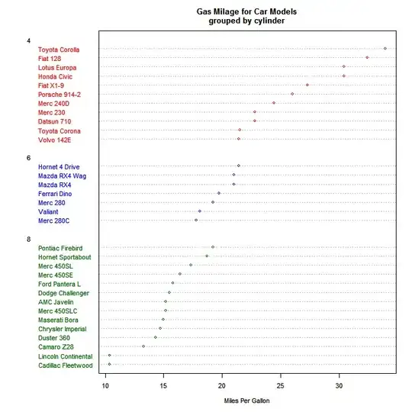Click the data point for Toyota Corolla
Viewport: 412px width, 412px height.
click(x=385, y=48)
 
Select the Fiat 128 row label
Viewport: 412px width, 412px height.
click(x=50, y=58)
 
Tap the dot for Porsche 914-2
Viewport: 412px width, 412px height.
click(x=292, y=94)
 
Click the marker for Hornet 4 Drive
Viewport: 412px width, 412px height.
click(x=239, y=166)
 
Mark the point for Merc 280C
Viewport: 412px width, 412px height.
click(x=196, y=220)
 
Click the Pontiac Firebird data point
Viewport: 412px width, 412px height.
click(x=213, y=247)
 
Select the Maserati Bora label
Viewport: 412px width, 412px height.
click(x=59, y=320)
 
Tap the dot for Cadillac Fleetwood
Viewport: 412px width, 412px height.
click(x=109, y=365)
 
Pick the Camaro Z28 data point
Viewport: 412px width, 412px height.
click(x=143, y=346)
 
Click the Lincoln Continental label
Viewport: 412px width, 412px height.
click(x=65, y=356)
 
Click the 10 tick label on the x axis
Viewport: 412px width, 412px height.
click(x=105, y=385)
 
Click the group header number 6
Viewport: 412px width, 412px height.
click(x=28, y=158)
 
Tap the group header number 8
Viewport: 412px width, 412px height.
click(x=28, y=240)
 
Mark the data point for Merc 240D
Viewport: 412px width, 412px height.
click(x=274, y=102)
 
